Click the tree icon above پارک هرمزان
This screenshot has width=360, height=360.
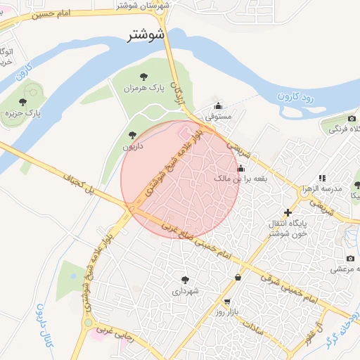click(144, 77)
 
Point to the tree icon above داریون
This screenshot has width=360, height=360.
click(131, 134)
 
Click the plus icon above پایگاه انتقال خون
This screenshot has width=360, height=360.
click(287, 212)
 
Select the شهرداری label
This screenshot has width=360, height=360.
click(184, 291)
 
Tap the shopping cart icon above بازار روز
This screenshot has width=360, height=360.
click(226, 300)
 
